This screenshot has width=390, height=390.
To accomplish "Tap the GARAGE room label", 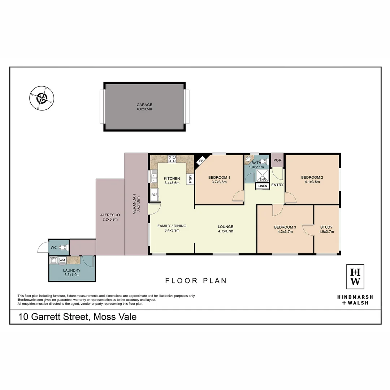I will pos(144,105).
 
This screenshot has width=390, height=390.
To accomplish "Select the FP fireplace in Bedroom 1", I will pos(200,161).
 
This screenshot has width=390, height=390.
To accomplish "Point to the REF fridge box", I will pos(154,195).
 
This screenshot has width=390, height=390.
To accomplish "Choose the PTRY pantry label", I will pos(190,179).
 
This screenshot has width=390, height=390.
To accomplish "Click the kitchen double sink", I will pos(154,177).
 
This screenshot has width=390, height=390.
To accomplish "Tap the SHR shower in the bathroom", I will pos(263,177).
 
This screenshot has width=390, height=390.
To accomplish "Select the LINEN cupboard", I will pos(263,186).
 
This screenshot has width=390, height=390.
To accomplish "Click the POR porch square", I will pos(277,160).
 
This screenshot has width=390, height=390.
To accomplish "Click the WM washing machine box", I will pos(62,260).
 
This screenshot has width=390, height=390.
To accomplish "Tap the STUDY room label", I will pos(326,227).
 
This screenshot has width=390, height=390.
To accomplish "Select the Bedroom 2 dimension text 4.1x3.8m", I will pos(312,182).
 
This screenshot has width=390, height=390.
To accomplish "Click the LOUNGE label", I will pos(225,227).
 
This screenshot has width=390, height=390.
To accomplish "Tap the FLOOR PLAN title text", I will pos(196,281).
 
